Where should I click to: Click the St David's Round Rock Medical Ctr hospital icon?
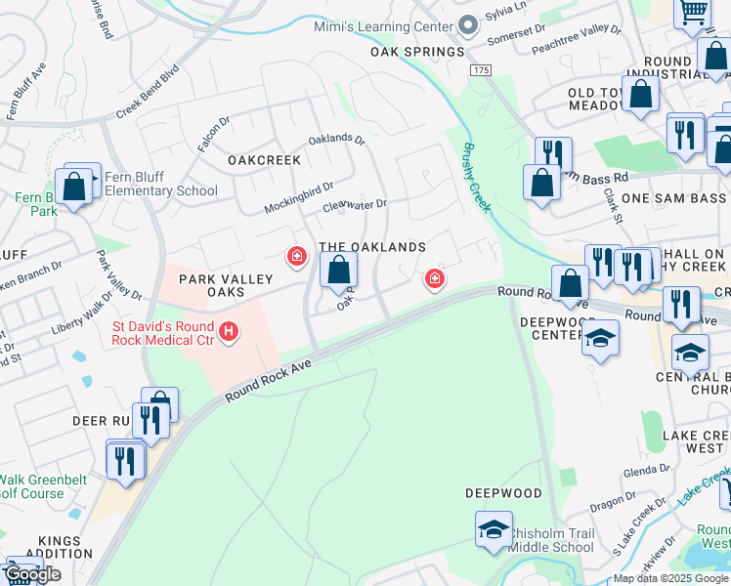pos(229,333)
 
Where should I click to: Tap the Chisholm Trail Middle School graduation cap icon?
pos(494,529)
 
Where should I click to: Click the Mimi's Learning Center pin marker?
pos(467,24)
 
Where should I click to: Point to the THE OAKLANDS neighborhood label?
pos(372,247)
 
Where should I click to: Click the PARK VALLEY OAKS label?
pos(226,286)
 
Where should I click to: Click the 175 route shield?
pos(480,71)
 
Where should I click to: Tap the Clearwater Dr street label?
pos(355,206)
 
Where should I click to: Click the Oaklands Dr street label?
pos(335,140)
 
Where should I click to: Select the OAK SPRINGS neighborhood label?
pos(417,52)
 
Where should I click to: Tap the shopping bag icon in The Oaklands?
pos(338,270)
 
